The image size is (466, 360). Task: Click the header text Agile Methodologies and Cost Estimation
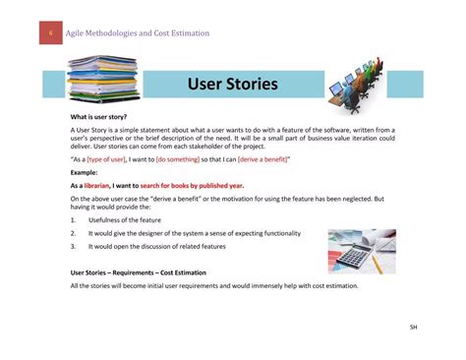coord(138,34)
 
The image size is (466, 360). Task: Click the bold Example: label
coord(85,172)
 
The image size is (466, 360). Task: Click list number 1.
coord(73,221)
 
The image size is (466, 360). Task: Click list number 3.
coord(73,246)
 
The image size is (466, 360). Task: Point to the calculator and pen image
coord(361,250)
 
